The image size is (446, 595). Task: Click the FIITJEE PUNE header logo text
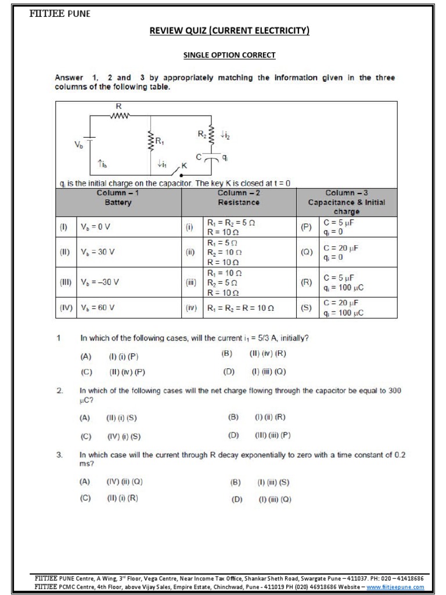pyautogui.click(x=60, y=13)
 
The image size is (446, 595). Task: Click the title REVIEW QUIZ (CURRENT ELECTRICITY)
pyautogui.click(x=229, y=30)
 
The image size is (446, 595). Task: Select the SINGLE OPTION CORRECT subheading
pyautogui.click(x=229, y=55)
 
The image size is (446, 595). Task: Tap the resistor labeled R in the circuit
pyautogui.click(x=120, y=115)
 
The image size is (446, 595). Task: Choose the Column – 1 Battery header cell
pyautogui.click(x=118, y=198)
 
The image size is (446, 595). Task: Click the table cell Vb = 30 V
pyautogui.click(x=98, y=252)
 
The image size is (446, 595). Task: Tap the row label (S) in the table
pyautogui.click(x=306, y=308)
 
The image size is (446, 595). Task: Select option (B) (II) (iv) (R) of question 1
pyautogui.click(x=253, y=353)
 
